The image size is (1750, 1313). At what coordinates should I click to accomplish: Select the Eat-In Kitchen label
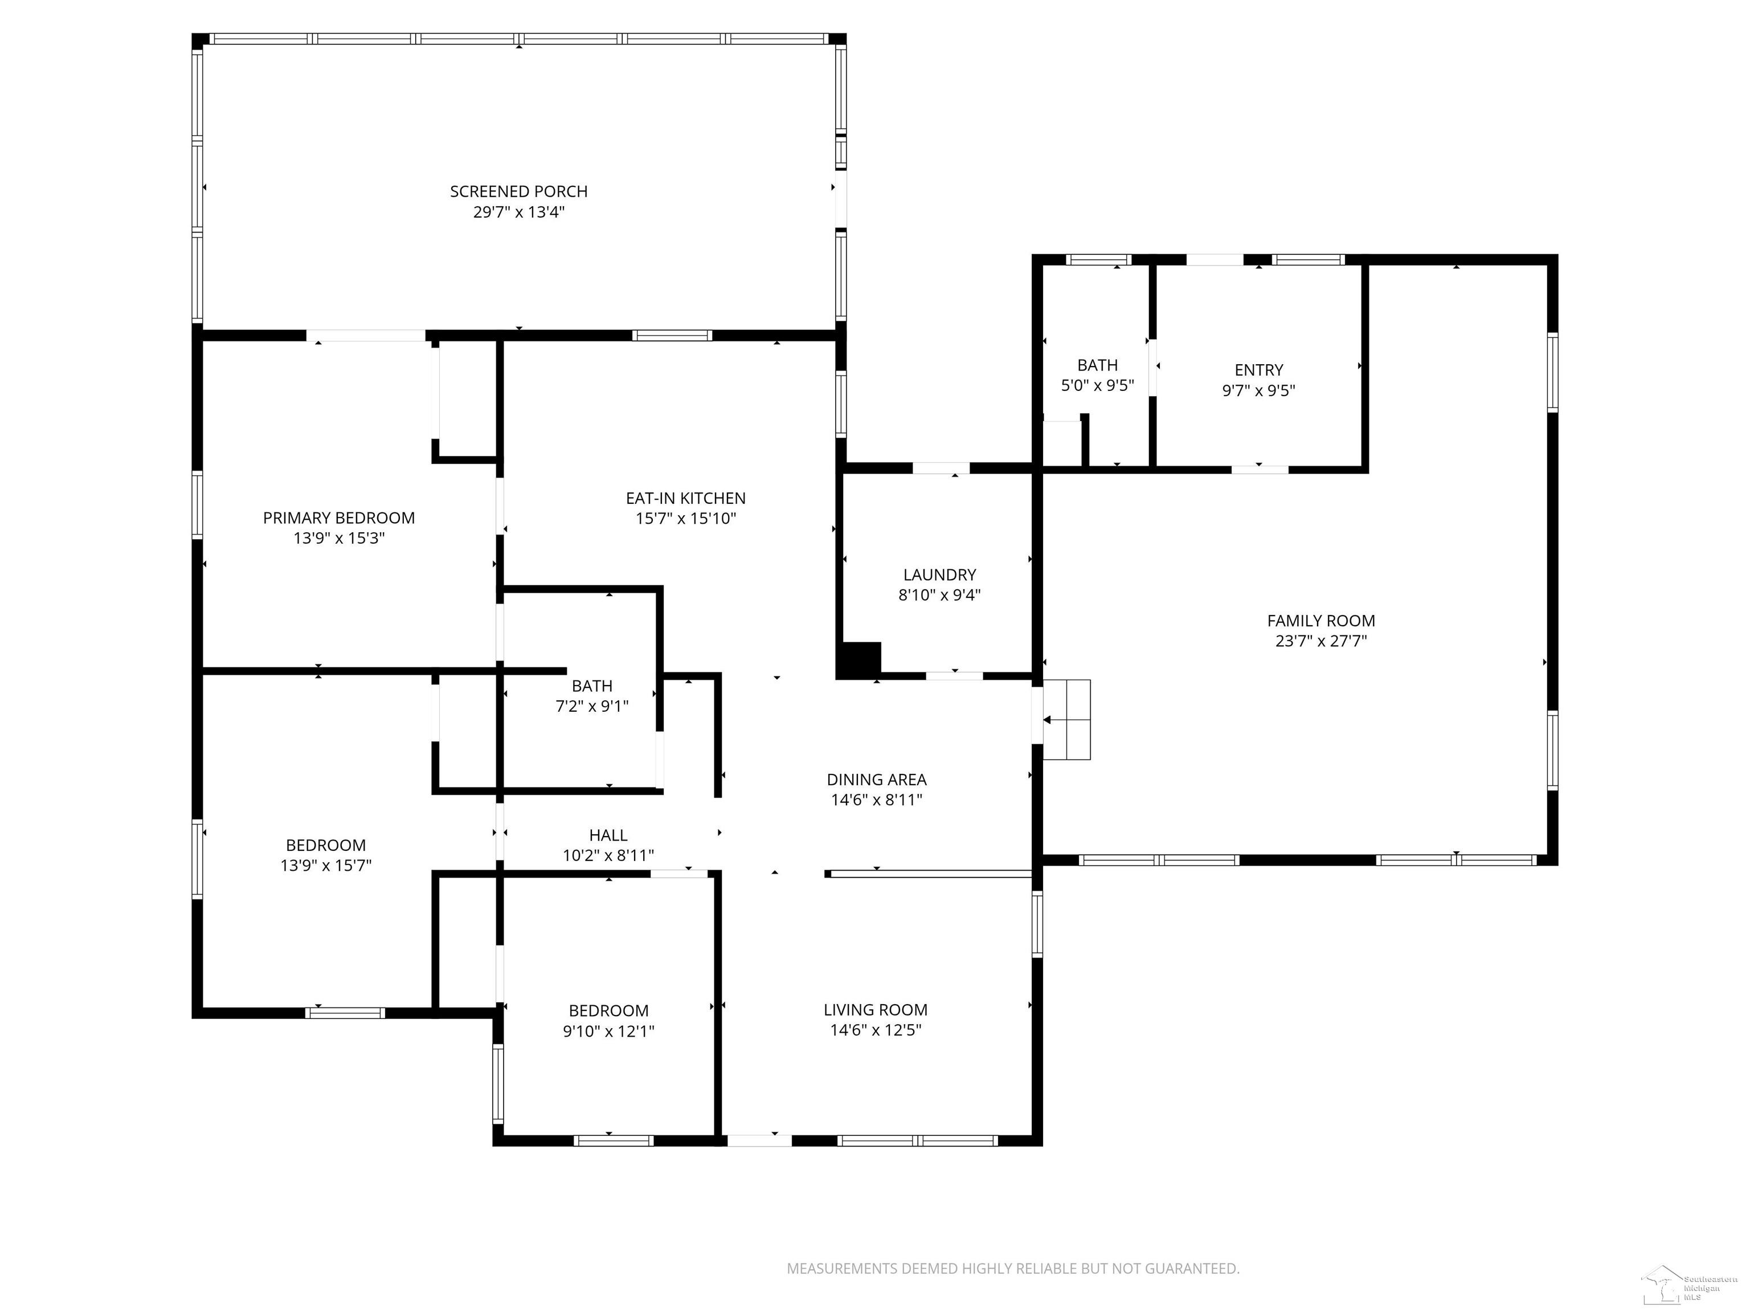point(685,498)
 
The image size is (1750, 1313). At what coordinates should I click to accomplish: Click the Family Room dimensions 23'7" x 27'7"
point(1321,641)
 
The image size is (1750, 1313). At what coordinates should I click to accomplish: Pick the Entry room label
point(1259,370)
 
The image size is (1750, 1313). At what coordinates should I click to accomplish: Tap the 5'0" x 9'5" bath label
point(1097,375)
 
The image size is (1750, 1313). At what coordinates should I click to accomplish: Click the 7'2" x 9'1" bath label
point(592,696)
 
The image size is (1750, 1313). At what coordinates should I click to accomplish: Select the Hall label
point(608,835)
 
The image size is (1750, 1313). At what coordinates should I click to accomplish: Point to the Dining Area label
point(877,780)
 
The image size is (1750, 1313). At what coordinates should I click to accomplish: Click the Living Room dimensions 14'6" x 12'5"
point(876,1030)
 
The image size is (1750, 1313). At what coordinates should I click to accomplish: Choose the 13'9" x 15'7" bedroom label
point(325,855)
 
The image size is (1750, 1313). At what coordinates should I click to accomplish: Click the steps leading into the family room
point(1066,719)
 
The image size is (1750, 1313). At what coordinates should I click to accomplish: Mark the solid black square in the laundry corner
point(859,659)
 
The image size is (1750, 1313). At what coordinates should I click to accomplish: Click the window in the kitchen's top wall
point(672,336)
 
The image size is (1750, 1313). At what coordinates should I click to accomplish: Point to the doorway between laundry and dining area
point(954,676)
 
